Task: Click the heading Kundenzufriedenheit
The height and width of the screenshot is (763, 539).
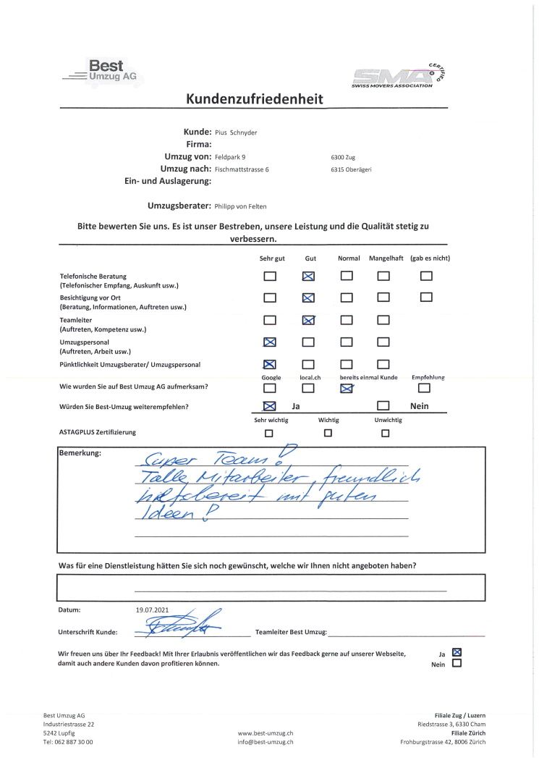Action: pos(255,99)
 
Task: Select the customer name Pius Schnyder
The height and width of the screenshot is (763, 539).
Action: pos(236,132)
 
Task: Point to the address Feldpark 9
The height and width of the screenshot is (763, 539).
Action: pos(230,156)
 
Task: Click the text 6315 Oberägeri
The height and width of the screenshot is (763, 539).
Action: pos(351,169)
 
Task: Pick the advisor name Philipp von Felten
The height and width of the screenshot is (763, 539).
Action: pos(246,206)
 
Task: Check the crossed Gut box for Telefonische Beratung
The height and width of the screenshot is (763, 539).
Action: pos(308,276)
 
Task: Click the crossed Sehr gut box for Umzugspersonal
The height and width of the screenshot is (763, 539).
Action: pos(270,342)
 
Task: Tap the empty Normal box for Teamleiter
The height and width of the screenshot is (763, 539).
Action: pos(347,320)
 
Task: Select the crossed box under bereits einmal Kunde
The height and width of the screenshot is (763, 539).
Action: pos(347,389)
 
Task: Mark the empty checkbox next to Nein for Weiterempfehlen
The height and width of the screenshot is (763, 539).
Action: pos(383,406)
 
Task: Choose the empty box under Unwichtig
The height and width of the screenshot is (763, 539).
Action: pos(385,434)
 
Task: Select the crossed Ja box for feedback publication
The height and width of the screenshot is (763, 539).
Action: pos(457,652)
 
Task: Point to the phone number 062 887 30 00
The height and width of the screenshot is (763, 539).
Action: pos(73,741)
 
